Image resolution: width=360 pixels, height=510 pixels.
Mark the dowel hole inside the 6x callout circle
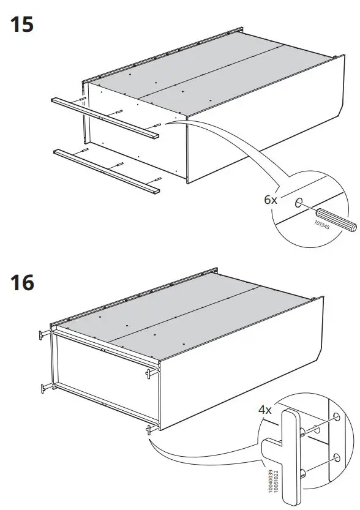(298, 203)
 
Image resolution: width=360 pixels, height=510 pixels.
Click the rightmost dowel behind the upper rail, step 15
(157, 126)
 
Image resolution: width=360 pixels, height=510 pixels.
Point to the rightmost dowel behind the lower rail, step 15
(157, 179)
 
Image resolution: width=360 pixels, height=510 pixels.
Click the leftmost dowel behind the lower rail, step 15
(85, 150)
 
